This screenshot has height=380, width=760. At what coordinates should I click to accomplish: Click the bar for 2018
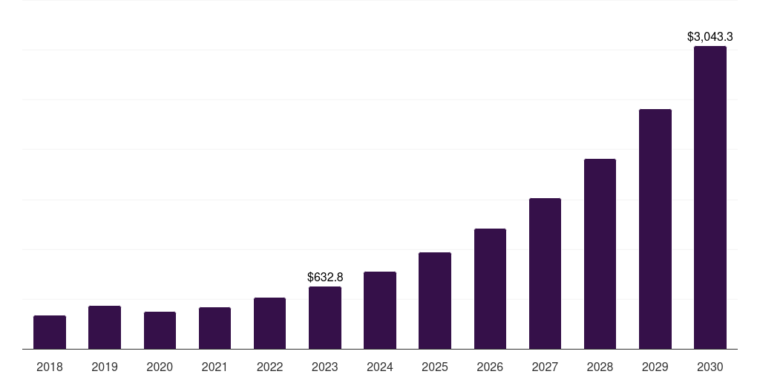50,332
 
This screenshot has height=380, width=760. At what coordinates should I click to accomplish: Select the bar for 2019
105,327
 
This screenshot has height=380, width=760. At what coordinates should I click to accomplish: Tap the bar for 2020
160,330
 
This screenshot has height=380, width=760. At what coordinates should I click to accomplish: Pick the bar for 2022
269,323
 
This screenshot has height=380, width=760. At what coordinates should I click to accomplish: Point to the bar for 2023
325,318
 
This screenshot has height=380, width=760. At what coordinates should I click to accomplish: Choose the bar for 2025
435,301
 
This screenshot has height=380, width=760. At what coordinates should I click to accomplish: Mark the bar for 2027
545,273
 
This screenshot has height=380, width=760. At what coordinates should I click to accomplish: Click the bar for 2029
655,229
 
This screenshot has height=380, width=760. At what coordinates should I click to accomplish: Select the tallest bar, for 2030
710,197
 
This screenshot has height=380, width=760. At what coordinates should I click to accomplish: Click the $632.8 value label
325,277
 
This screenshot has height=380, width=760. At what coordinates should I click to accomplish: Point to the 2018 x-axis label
50,367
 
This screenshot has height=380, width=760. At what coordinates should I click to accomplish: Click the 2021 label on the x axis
214,367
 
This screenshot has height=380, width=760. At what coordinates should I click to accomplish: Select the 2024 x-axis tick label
380,367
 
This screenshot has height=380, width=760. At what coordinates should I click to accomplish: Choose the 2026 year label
490,367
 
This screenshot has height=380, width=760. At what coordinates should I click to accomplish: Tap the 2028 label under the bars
600,367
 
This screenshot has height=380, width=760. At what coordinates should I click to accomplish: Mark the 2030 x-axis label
710,367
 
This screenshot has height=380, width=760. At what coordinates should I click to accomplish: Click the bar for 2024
380,310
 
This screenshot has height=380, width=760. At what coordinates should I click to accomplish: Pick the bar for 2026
490,289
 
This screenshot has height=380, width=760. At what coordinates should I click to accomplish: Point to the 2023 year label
325,367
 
